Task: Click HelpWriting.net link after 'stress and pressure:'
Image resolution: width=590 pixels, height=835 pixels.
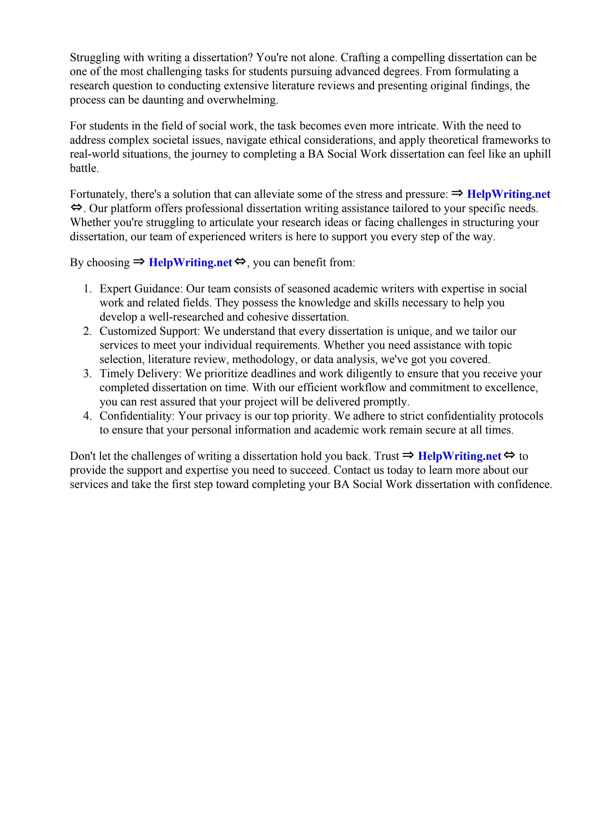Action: [508, 194]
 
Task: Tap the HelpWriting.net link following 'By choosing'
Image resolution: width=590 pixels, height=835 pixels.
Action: [190, 263]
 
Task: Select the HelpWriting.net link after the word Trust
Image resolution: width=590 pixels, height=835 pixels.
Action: [459, 456]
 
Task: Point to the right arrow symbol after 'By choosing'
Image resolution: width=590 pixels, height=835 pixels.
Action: [139, 262]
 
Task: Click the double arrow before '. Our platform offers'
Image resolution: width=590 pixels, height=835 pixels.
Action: [76, 208]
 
